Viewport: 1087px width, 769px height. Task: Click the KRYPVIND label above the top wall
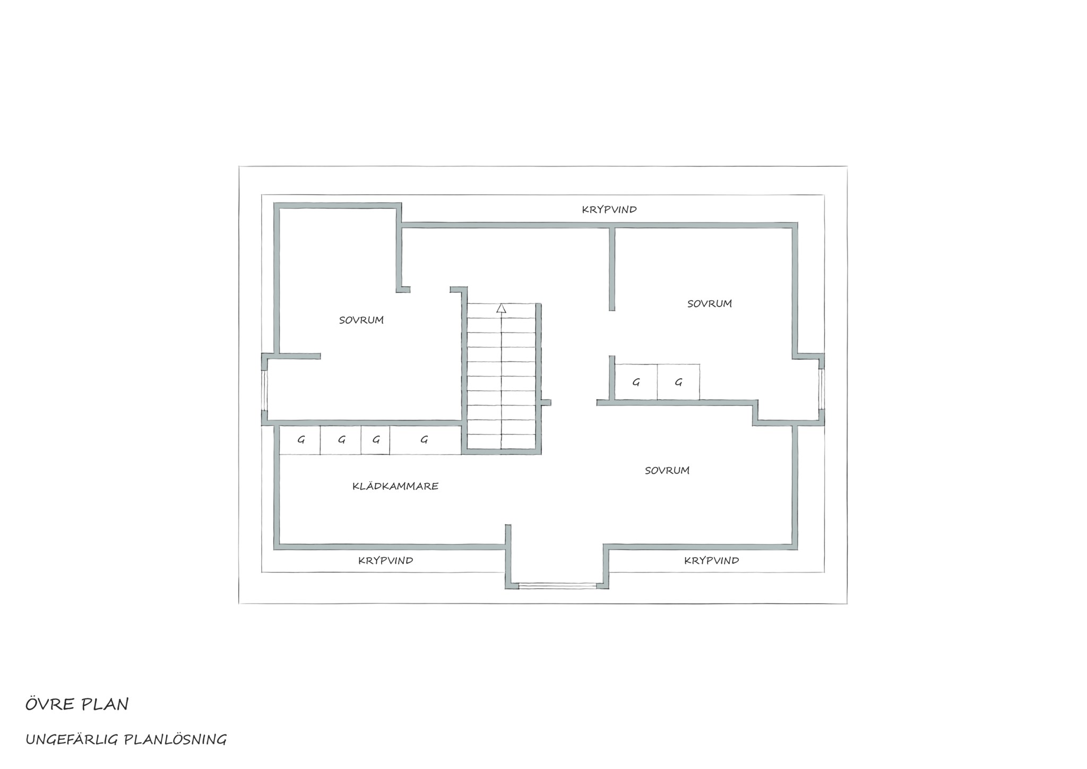609,209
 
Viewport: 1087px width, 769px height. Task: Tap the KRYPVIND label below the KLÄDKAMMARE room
386,560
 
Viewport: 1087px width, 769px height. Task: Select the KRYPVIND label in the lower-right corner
712,560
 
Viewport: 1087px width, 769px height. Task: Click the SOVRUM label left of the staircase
361,320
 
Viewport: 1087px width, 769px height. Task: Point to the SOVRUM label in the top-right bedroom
710,304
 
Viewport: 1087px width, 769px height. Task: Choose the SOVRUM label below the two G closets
667,471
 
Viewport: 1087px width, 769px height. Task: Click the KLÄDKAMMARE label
395,486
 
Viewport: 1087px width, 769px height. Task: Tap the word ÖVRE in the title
50,704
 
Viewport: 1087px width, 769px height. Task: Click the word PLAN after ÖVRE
105,704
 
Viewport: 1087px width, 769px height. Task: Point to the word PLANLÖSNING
175,740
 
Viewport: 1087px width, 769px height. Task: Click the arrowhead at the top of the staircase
501,308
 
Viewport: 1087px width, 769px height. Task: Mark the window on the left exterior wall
264,390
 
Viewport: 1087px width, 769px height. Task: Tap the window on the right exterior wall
821,389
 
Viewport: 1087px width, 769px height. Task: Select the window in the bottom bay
557,586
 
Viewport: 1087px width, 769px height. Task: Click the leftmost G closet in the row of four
300,440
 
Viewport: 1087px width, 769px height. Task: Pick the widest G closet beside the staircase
425,440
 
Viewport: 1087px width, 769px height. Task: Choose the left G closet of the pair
636,382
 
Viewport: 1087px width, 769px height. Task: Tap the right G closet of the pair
678,382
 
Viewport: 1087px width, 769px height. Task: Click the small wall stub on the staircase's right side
546,403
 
